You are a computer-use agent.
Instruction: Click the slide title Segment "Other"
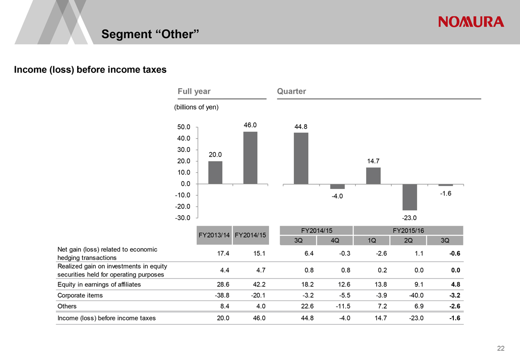[x=150, y=34]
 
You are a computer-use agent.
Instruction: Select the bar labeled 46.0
[x=250, y=158]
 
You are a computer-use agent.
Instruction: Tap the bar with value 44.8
[x=301, y=158]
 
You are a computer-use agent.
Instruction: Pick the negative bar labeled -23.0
[x=410, y=197]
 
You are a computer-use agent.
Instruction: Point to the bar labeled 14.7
[x=373, y=176]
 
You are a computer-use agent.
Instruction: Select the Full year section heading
[x=194, y=91]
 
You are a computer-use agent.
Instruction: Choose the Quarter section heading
[x=291, y=91]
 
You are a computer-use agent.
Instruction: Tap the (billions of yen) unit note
[x=197, y=107]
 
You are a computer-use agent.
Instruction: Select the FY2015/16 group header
[x=408, y=230]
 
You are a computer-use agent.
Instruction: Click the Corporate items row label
[x=80, y=295]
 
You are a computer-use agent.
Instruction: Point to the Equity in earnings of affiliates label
[x=99, y=284]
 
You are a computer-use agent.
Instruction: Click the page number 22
[x=500, y=348]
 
